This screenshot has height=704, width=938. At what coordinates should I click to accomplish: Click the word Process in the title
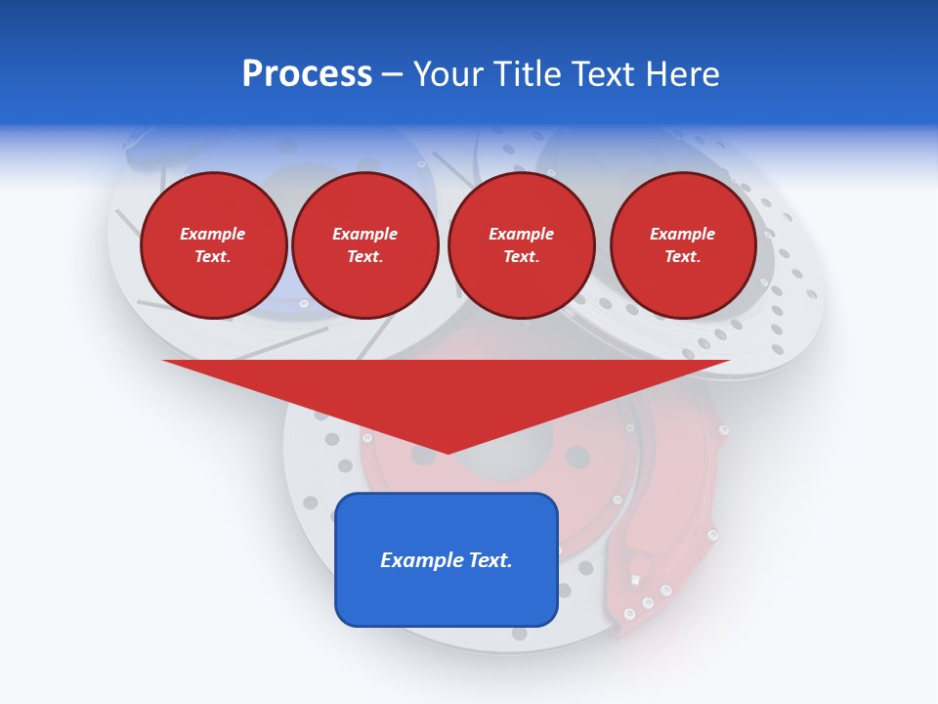point(307,74)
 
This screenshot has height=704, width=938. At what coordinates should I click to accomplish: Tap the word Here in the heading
point(681,74)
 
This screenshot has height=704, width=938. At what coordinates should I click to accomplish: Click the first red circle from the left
point(214,245)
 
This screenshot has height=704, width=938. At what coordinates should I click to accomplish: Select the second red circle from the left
point(365,245)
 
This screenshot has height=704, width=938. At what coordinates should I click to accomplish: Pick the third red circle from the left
point(522,245)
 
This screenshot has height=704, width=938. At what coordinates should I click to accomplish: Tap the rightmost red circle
point(683,245)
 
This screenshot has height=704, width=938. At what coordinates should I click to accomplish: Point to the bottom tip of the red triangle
point(448,453)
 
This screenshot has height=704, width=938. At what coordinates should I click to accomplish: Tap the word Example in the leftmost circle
point(213,234)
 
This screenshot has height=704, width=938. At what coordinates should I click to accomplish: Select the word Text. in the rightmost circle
point(683,257)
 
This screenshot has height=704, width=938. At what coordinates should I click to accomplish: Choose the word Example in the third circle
point(522,234)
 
